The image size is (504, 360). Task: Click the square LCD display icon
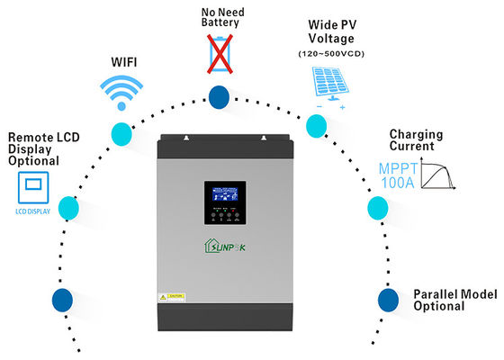pyautogui.click(x=33, y=188)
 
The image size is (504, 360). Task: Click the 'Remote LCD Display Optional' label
pyautogui.click(x=33, y=148)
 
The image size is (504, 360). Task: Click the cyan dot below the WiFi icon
pyautogui.click(x=121, y=135)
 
